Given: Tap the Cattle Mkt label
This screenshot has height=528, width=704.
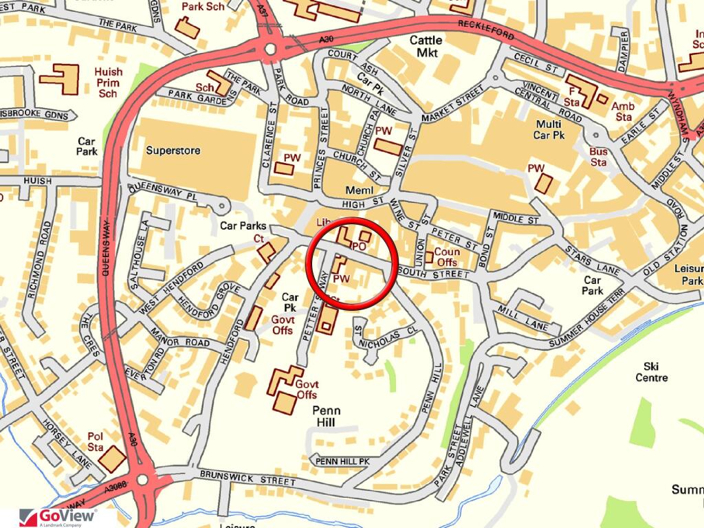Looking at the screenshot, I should click(x=426, y=46).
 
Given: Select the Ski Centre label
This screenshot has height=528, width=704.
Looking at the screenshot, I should click(x=651, y=372).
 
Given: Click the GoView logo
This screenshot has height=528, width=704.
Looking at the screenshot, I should click(x=58, y=517).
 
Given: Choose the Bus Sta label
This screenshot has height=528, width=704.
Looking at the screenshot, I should click(x=598, y=157).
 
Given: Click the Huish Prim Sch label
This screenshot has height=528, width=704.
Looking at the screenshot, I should click(x=108, y=82).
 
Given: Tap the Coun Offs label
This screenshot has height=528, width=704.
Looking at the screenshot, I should click(x=446, y=257).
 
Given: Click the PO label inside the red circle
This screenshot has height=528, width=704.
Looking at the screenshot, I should click(x=357, y=246).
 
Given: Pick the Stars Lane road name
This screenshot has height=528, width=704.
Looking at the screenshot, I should click(x=581, y=257).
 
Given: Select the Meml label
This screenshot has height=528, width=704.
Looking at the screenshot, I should click(x=358, y=190).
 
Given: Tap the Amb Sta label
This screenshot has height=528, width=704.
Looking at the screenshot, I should click(x=623, y=111).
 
